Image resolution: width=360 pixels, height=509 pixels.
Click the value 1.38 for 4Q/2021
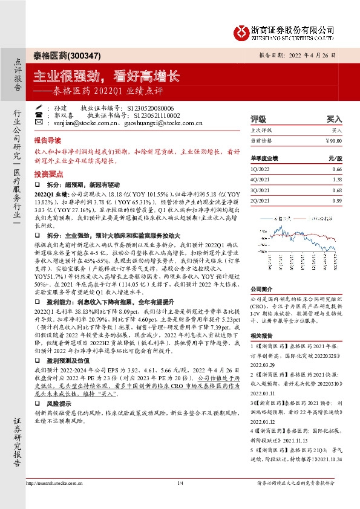pos(337,180)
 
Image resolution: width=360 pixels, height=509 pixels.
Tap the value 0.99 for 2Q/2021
pos(337,200)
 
